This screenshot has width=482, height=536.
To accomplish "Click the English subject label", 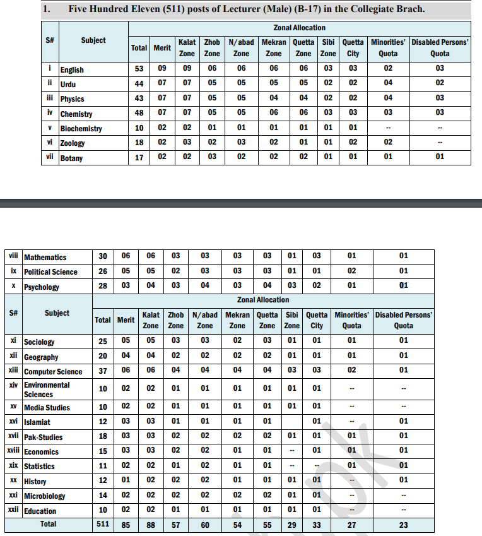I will point(72,69).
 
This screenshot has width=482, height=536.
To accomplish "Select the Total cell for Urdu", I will point(139,84).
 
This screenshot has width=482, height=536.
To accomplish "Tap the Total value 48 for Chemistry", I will point(139,114).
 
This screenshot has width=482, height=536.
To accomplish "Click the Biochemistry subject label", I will point(81,129).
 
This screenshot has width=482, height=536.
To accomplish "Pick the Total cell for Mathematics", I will point(102,256).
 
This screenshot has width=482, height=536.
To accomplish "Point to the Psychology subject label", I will point(42,287).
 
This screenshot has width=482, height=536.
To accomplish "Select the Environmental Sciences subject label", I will point(47,390).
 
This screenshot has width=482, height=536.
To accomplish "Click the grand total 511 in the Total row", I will point(102,525).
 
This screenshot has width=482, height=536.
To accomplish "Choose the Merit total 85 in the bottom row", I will point(126,525).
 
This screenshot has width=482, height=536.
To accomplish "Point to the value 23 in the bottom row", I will point(403,525).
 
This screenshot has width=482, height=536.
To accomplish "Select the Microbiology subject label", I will point(44,496).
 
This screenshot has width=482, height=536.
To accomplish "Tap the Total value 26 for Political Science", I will point(102,271).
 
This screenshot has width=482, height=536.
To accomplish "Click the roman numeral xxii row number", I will point(13,510).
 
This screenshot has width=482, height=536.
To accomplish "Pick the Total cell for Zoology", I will point(139,143).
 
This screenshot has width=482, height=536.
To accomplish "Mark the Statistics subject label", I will point(39,467).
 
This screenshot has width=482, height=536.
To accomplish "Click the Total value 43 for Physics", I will point(139,98).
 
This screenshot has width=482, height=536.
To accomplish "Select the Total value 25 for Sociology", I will point(102,342).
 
